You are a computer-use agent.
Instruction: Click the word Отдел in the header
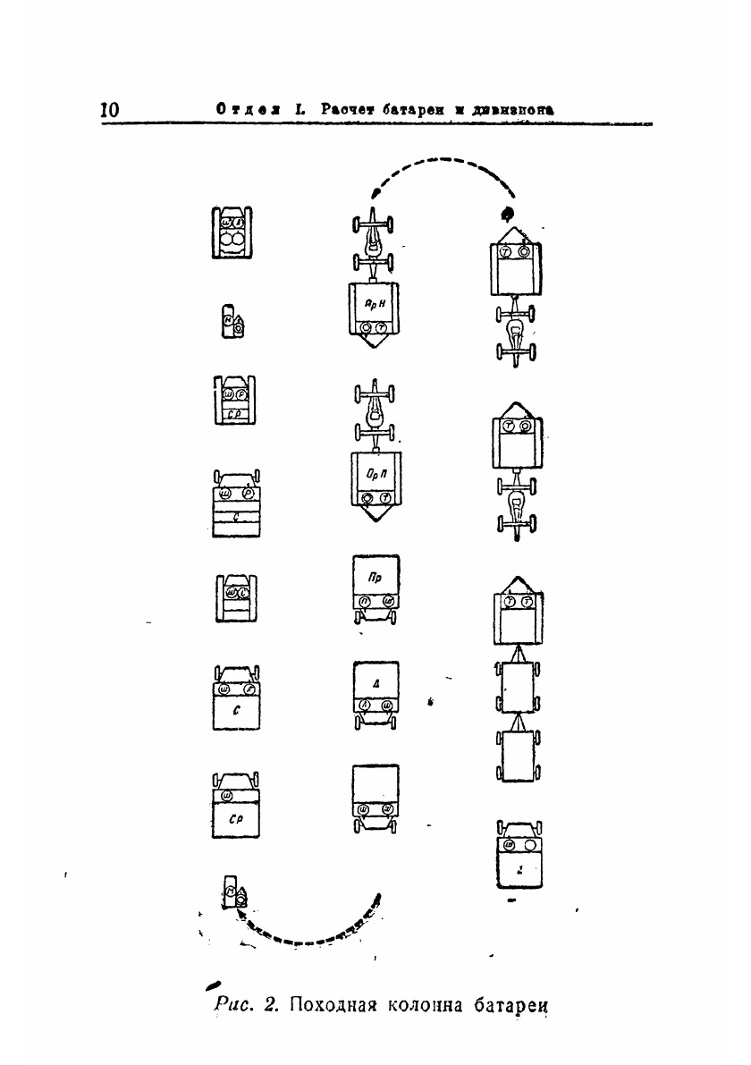[240, 109]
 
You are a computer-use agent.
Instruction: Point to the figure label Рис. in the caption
[236, 1004]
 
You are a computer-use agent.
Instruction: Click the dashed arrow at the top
[443, 175]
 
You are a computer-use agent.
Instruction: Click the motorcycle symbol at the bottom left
[236, 892]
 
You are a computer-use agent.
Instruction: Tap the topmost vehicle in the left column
[232, 232]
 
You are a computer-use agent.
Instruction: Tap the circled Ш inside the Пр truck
[388, 602]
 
